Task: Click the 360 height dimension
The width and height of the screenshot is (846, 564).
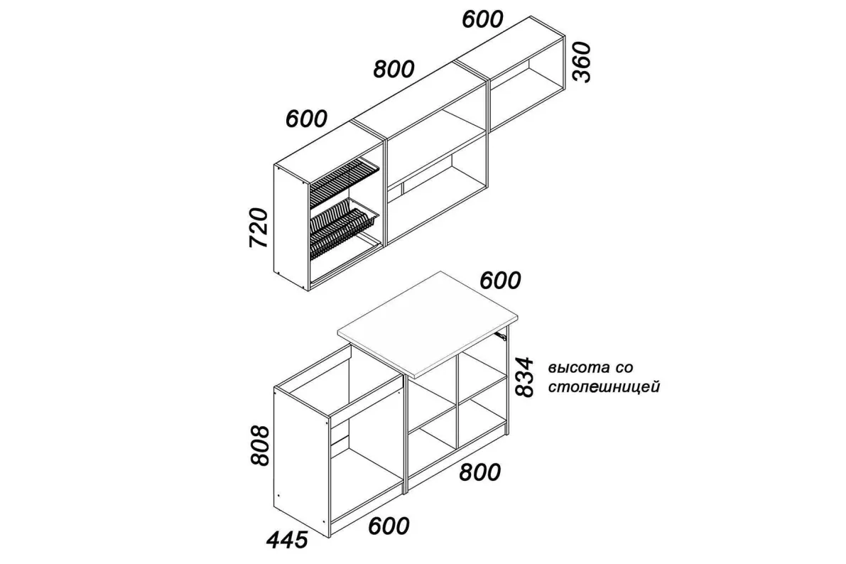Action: point(582,62)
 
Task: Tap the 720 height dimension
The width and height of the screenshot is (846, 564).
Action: point(259,227)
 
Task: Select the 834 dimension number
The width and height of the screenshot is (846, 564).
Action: point(524,376)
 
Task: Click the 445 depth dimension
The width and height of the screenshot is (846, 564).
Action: point(287,539)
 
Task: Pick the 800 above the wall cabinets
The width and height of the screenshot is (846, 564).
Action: point(394,69)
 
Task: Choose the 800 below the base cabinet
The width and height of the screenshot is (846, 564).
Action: point(479,472)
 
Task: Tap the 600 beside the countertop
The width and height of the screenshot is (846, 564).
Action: point(500,280)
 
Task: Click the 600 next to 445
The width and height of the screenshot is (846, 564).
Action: point(389,526)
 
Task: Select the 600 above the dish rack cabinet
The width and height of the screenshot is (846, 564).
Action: point(306,119)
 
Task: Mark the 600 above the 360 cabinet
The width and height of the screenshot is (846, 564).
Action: point(482,19)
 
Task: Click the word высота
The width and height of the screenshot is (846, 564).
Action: point(577,368)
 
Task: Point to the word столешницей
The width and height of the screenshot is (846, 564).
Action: point(604,387)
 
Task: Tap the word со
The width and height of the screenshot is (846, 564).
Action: point(623,368)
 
